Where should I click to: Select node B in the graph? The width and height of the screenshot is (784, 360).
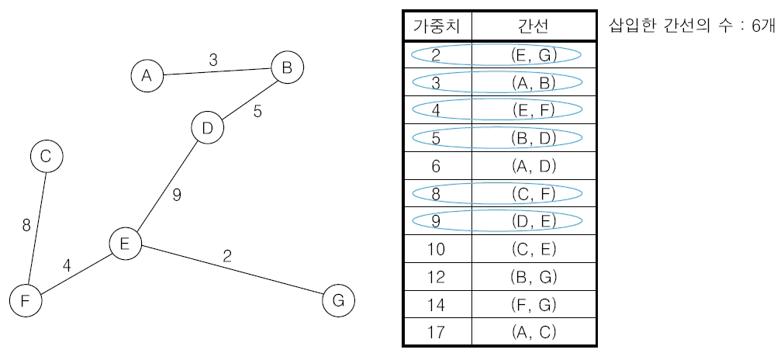coord(287,68)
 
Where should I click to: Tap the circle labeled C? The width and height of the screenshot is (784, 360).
coord(46,157)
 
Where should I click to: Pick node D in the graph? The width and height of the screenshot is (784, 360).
coord(207,129)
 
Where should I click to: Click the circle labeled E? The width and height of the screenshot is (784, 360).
coord(124,244)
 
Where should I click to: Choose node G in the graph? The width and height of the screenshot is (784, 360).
coord(337,299)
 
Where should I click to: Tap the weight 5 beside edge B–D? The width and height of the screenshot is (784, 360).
coord(257,111)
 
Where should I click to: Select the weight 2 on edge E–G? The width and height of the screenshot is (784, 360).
coord(227,256)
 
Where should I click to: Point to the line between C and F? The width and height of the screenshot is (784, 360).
coord(36,226)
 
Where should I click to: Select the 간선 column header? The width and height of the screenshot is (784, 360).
coord(534,26)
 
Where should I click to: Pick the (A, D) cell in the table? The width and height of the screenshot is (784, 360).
coord(534,165)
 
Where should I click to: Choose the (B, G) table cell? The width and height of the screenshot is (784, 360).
coord(534,276)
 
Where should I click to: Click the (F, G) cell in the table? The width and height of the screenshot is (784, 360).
coord(534,304)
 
